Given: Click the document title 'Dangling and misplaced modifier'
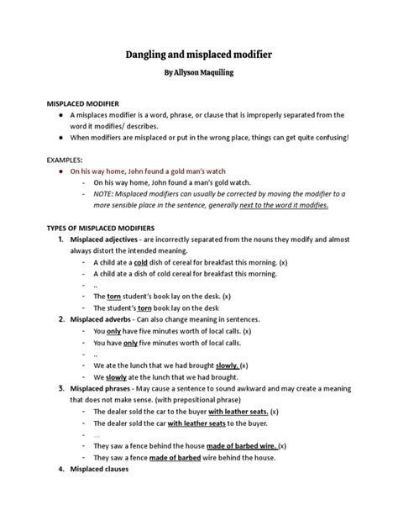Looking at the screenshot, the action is coord(199,53).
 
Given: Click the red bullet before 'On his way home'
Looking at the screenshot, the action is coord(59,170).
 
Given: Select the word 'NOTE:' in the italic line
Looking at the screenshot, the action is coord(106,192).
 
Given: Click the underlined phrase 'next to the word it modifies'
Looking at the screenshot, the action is coord(282,203).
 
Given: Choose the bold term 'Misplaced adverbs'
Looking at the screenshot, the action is coord(102,320).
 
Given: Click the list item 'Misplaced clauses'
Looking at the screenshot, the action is coord(102,469).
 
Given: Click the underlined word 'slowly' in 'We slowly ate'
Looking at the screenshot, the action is coord(118,377).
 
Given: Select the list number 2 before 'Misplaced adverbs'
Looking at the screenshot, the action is coord(61,320).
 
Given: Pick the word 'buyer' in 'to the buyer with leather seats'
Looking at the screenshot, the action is coord(192,412).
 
